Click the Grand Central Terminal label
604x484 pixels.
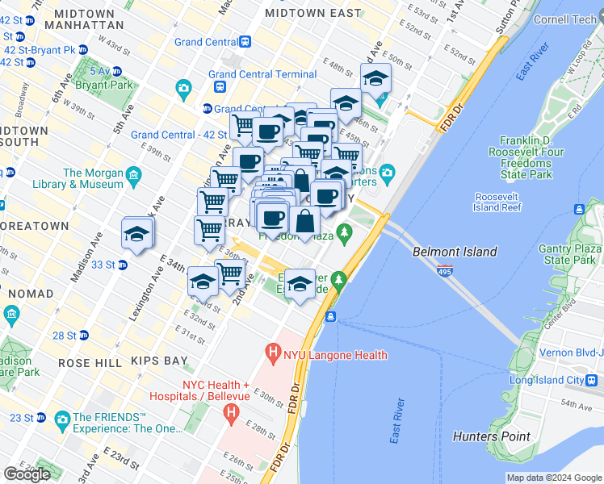click(x=262, y=74)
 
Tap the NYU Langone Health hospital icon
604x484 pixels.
click(x=274, y=353)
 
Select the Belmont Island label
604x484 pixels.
click(x=455, y=252)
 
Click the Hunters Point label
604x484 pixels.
click(x=492, y=436)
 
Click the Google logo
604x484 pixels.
click(x=27, y=474)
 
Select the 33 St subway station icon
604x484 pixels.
click(x=122, y=264)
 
